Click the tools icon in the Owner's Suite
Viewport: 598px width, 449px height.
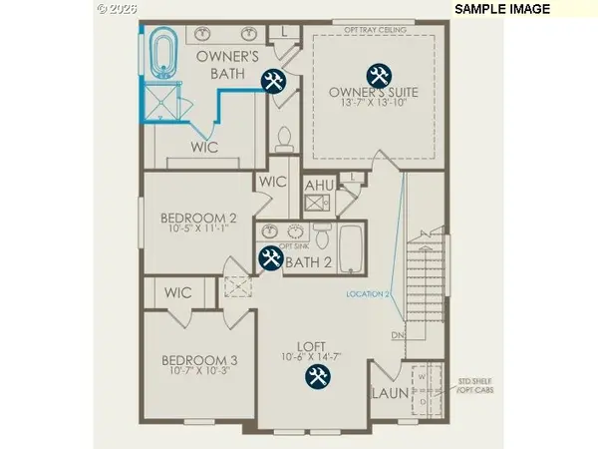coord(379,75)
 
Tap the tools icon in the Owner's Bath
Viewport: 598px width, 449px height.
coord(271,81)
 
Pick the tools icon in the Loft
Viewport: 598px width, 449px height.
coord(318,376)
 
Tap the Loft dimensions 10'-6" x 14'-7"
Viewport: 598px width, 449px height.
coord(317,355)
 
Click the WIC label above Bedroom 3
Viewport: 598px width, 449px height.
coord(178,293)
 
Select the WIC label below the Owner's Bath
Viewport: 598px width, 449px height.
coord(204,147)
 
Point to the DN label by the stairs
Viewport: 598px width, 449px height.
coord(396,335)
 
